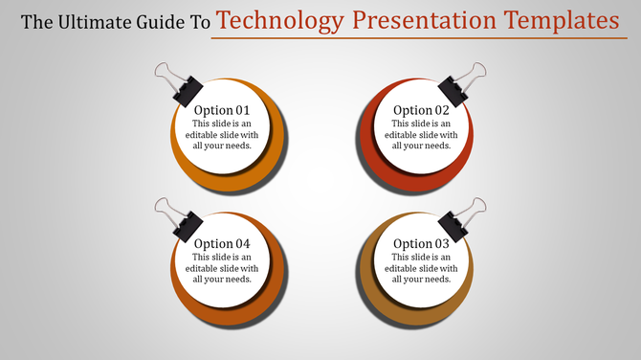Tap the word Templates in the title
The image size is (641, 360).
coord(560,20)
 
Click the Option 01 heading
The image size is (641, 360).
coord(221,110)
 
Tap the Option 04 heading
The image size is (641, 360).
coord(221,244)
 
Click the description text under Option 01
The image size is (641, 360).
coord(221,135)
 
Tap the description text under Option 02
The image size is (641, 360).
coord(421,135)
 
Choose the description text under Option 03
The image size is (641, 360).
coord(421,268)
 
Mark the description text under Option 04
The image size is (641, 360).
coord(221,268)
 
